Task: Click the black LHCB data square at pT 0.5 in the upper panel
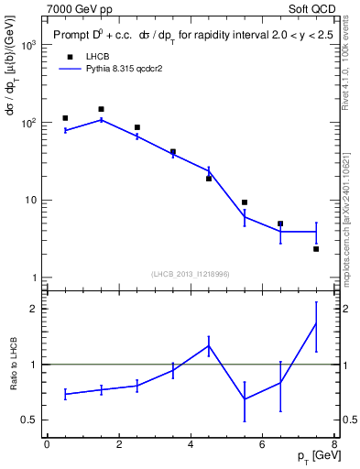[65, 118]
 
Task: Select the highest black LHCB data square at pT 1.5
[101, 109]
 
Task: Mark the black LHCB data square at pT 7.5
[316, 249]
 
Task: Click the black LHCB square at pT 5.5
[245, 202]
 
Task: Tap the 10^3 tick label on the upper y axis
[27, 44]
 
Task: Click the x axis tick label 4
[191, 444]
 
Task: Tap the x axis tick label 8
[334, 444]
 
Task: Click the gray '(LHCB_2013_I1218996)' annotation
[191, 274]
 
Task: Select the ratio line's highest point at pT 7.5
[316, 322]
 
